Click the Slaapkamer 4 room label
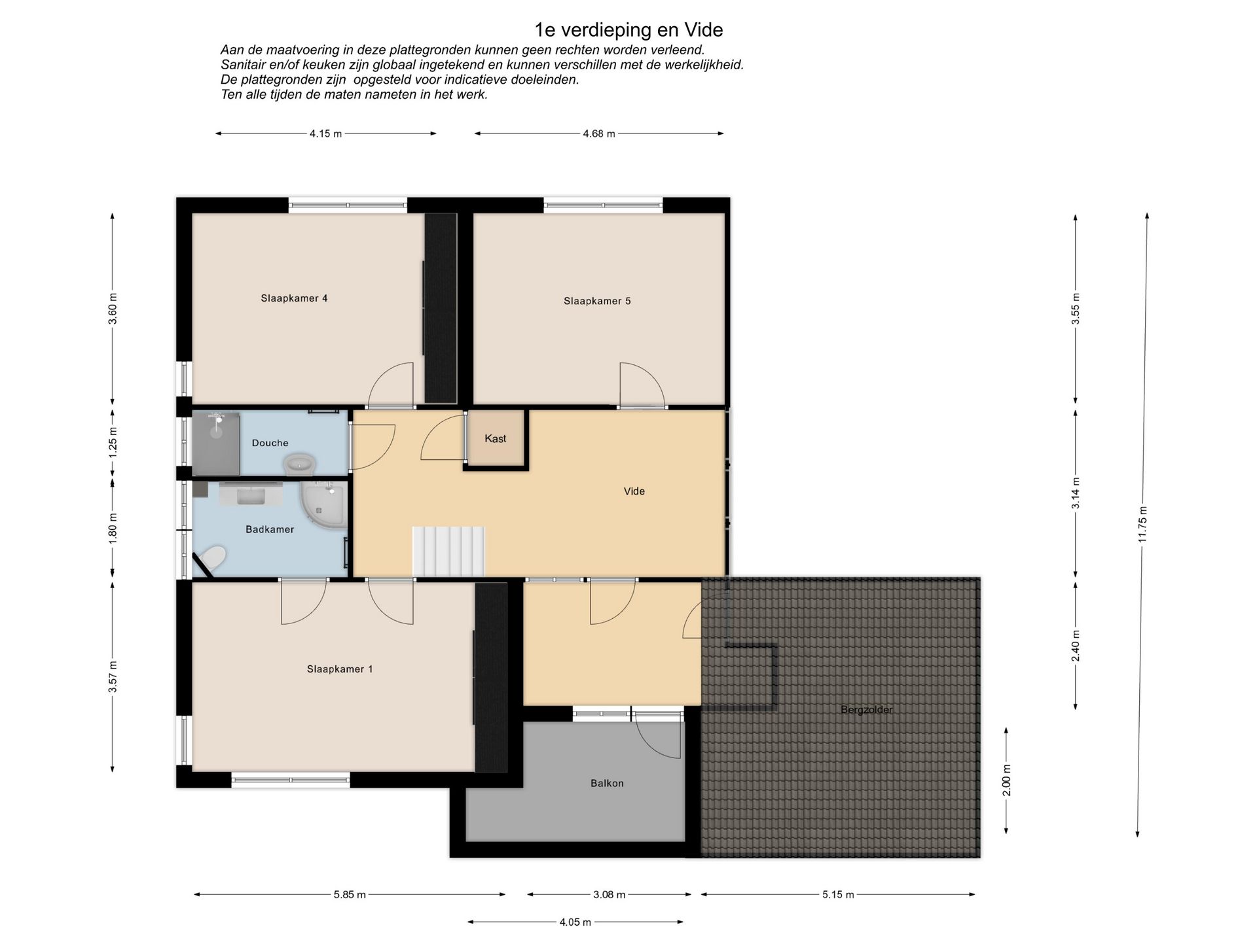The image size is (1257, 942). [x=294, y=298]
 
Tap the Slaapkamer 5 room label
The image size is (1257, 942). [x=597, y=301]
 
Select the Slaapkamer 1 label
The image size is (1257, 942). [x=340, y=669]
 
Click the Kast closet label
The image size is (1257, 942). [x=496, y=438]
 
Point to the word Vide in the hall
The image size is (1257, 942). [x=634, y=491]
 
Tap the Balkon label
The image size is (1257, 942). [x=607, y=783]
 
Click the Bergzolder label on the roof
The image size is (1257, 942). [x=867, y=710]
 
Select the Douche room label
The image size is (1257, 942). [x=270, y=443]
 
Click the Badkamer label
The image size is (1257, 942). [x=270, y=529]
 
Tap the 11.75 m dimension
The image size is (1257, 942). [x=1143, y=525]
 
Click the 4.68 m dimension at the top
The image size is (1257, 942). [x=599, y=134]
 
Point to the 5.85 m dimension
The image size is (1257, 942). [x=350, y=895]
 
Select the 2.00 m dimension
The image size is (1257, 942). [x=1007, y=780]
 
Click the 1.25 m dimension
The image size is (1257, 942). [x=113, y=442]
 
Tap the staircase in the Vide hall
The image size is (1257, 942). [x=448, y=552]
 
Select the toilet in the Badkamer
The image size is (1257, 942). [x=213, y=559]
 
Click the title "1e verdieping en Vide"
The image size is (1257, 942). [x=628, y=30]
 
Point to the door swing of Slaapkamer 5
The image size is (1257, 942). [x=642, y=385]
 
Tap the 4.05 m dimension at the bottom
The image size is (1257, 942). [x=575, y=922]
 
